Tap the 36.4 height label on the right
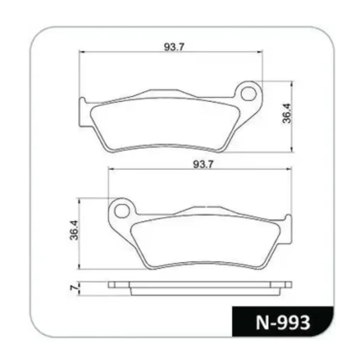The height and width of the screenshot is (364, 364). [x=287, y=113]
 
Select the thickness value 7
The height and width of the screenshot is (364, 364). [x=74, y=288]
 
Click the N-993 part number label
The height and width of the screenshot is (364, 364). [x=283, y=322]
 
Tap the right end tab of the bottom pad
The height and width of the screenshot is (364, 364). [x=288, y=231]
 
